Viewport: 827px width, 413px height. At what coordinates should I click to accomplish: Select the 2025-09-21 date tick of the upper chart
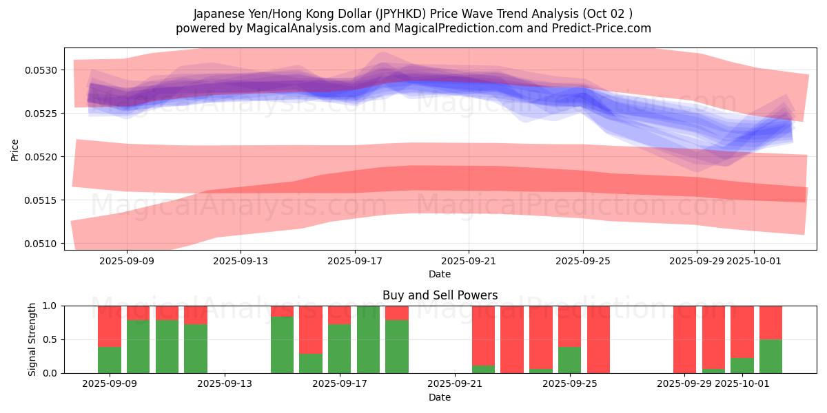pos(469,261)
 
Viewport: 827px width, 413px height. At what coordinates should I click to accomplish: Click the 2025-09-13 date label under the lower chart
pos(225,384)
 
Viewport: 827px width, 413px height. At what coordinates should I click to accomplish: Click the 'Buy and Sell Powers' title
pos(440,295)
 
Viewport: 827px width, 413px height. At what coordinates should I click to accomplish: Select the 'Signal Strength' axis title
pos(32,339)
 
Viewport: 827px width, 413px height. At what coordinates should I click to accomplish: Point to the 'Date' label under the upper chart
pos(440,274)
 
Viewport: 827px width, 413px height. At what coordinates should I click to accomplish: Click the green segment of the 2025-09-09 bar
pos(110,360)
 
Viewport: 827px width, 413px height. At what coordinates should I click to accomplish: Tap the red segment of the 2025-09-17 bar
pos(339,315)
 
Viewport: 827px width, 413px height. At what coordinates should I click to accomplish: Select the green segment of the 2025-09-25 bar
pos(569,360)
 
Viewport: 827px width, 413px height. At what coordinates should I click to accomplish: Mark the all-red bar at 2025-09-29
pos(684,339)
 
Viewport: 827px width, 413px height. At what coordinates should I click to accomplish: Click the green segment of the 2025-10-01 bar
pos(742,366)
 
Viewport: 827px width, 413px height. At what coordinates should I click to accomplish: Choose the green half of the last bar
pos(770,357)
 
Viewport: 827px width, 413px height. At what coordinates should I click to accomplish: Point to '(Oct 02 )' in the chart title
pos(606,14)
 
